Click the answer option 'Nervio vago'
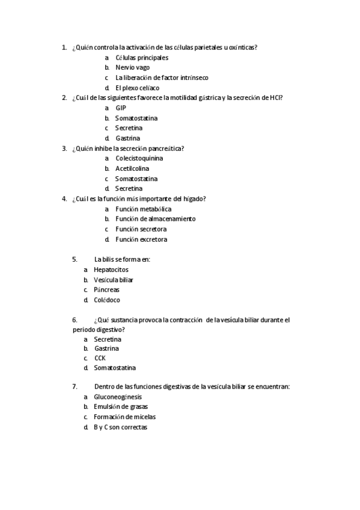[x=132, y=67]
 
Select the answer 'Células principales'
[x=142, y=58]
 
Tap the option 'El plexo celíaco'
[x=137, y=88]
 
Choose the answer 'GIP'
[x=121, y=108]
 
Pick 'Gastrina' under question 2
[x=128, y=138]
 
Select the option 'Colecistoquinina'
[x=139, y=158]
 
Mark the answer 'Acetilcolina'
[x=132, y=168]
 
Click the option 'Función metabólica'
[x=143, y=209]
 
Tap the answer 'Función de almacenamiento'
[x=155, y=219]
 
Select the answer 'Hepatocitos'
[x=111, y=270]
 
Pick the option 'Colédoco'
[x=107, y=300]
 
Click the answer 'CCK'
[x=100, y=358]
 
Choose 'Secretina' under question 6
[x=108, y=339]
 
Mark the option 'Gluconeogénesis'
[x=118, y=397]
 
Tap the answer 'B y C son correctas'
[x=120, y=427]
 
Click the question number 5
[x=75, y=259]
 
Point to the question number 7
[x=75, y=386]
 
